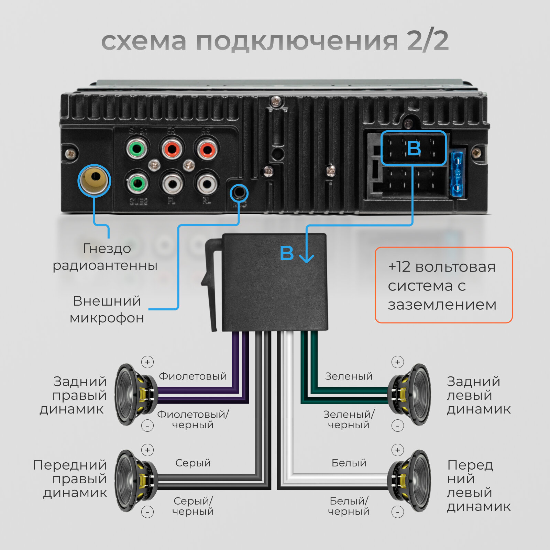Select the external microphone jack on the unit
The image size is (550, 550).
239,193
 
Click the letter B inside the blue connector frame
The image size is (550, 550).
414,148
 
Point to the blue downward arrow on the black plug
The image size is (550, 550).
306,254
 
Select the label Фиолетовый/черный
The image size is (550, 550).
193,419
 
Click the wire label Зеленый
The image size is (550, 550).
349,376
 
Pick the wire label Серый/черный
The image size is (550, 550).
193,506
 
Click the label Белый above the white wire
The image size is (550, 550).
349,463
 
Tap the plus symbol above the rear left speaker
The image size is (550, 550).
398,362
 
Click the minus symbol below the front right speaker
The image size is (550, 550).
147,512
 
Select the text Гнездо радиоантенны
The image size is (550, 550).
105,257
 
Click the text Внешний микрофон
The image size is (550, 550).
107,309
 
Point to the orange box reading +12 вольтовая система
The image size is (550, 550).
443,285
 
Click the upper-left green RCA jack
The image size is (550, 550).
137,149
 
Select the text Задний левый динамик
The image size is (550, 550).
478,395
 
